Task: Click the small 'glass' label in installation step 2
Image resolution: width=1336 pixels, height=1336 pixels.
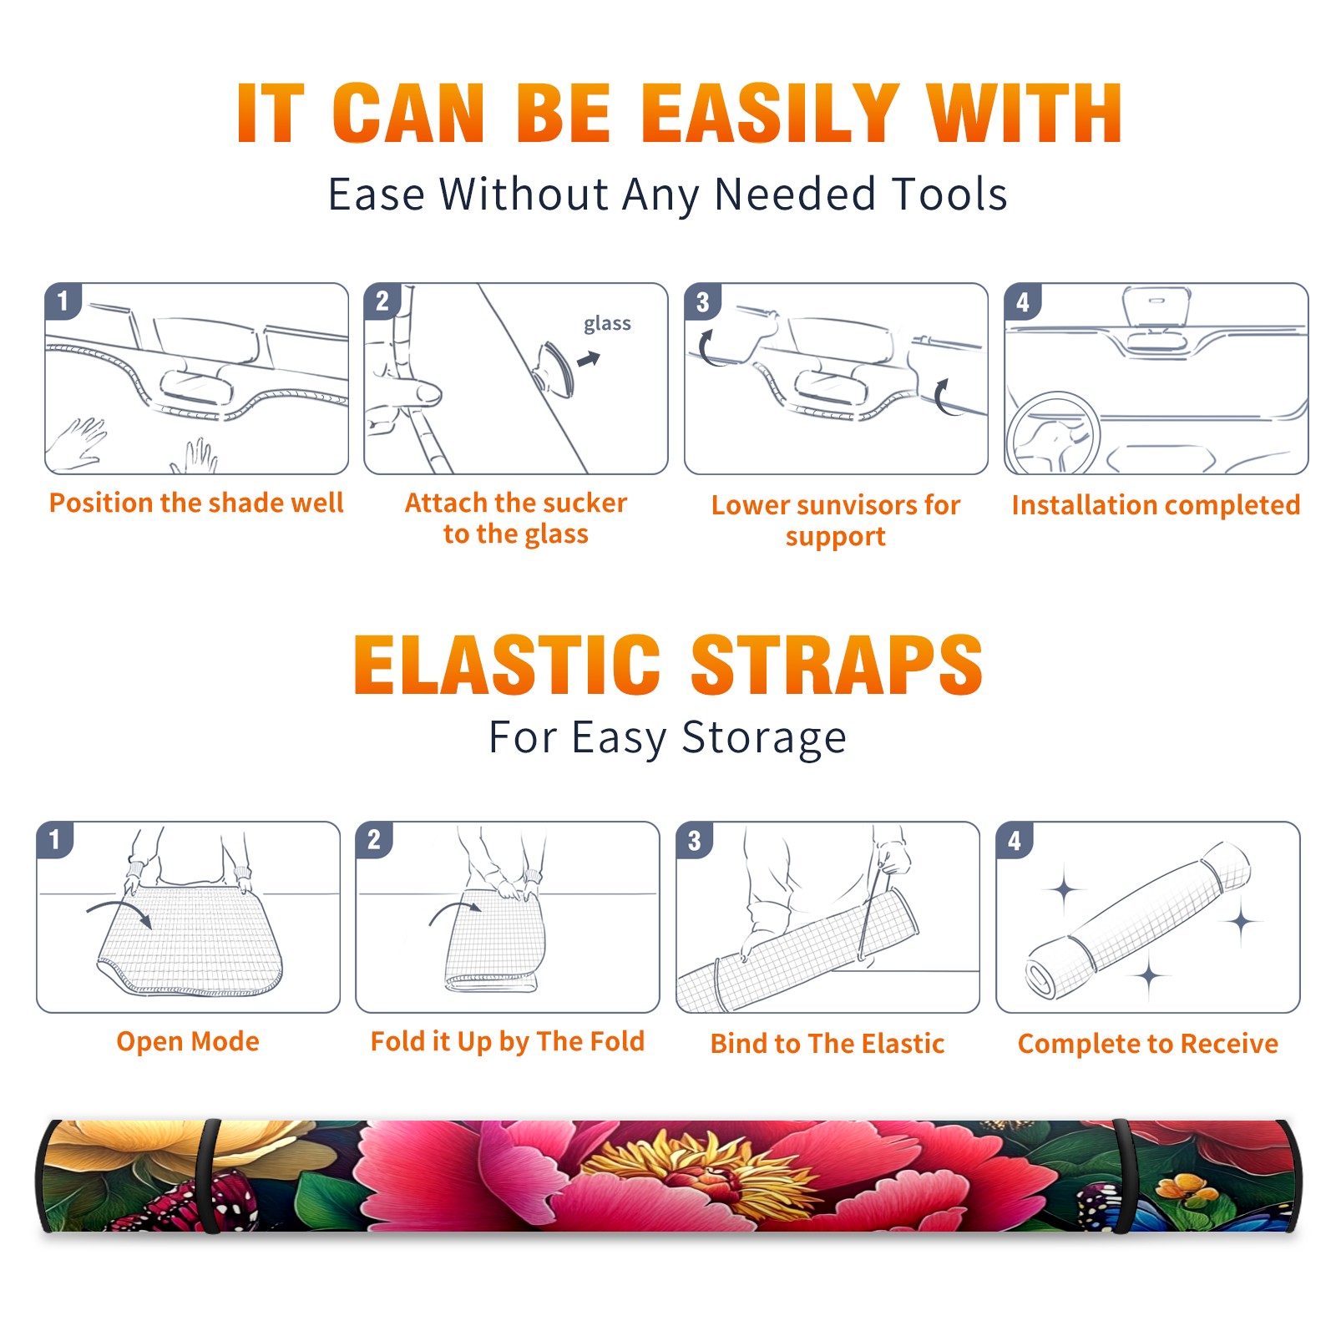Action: click(x=607, y=324)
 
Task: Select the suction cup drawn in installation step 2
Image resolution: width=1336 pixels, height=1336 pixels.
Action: click(x=554, y=368)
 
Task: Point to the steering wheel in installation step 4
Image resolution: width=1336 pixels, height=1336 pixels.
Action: click(x=1053, y=433)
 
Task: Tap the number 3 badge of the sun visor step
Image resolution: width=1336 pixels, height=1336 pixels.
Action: click(x=701, y=301)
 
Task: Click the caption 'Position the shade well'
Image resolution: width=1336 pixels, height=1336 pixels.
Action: click(x=196, y=503)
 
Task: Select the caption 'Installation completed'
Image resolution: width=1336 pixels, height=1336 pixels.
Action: click(x=1156, y=505)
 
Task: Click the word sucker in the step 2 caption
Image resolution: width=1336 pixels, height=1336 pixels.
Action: click(x=584, y=503)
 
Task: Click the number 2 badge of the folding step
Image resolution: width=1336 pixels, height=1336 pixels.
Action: click(x=373, y=839)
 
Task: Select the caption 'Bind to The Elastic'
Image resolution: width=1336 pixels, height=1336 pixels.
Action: click(x=827, y=1044)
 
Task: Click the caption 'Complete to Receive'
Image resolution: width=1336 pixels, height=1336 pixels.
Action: click(x=1148, y=1044)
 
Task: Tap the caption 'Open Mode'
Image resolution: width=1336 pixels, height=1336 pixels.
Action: click(x=188, y=1041)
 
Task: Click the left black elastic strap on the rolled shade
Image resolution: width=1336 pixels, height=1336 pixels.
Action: click(x=209, y=1177)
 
